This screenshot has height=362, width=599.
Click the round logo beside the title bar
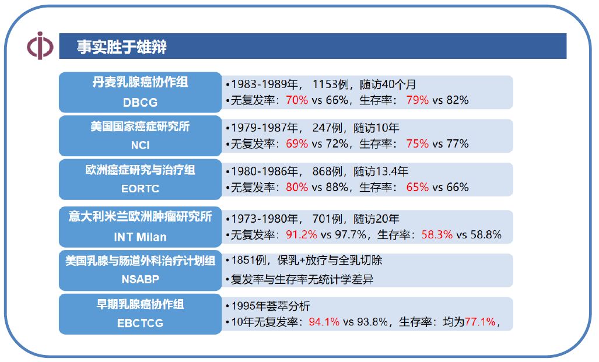(40, 46)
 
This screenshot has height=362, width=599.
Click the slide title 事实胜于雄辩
(122, 47)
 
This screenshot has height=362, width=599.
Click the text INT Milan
(140, 237)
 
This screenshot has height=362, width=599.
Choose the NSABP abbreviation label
(140, 279)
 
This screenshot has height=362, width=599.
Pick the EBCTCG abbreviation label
(140, 323)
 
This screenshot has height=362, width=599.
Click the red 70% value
(297, 100)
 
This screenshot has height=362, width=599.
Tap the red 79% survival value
(418, 100)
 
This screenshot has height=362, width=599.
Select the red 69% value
(297, 143)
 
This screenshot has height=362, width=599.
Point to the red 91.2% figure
(302, 235)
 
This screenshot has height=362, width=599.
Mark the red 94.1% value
(324, 321)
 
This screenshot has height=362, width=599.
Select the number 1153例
(331, 84)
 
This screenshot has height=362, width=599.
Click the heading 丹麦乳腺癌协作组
(140, 82)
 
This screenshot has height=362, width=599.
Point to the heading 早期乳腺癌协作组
(140, 304)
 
